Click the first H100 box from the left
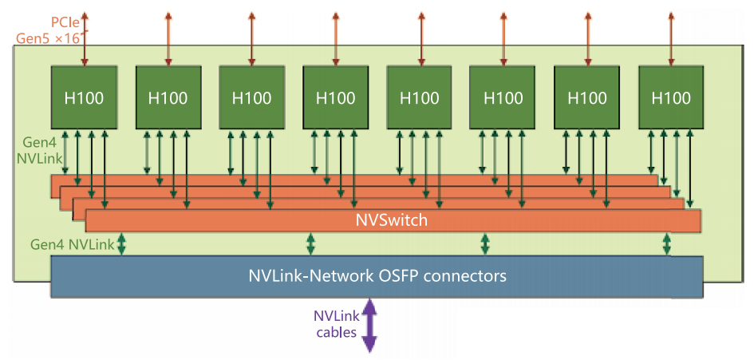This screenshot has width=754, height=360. click(84, 98)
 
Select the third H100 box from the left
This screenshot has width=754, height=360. click(251, 98)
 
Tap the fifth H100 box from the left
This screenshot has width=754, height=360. click(419, 98)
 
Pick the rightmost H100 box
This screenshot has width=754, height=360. click(671, 98)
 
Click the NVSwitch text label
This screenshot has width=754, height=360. click(392, 220)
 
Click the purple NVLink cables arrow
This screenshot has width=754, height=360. click(369, 325)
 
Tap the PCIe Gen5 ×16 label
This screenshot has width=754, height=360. click(48, 30)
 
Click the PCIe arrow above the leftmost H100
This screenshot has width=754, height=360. click(84, 36)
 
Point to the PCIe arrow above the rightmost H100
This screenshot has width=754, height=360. click(671, 36)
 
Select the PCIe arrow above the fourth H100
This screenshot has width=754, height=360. click(335, 36)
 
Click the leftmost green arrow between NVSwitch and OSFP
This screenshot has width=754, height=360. click(122, 243)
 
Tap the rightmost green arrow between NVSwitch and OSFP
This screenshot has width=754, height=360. click(666, 243)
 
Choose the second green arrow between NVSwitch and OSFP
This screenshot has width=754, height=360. click(311, 243)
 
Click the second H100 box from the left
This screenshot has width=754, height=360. click(168, 98)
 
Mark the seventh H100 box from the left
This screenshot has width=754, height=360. click(587, 98)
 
